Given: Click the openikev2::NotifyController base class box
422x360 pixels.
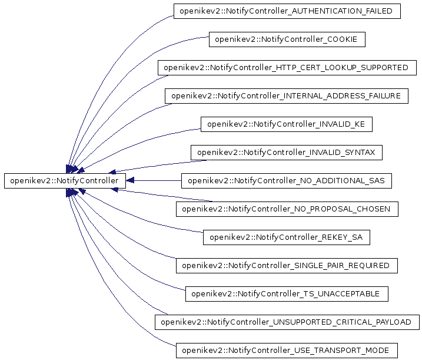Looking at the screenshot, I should (x=65, y=180).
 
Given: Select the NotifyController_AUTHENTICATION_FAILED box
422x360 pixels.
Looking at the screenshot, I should (x=287, y=11).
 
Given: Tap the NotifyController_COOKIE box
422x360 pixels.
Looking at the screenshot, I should (x=287, y=39).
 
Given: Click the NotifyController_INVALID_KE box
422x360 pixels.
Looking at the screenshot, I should (x=286, y=124).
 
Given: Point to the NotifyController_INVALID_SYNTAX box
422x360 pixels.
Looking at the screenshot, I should (x=287, y=153).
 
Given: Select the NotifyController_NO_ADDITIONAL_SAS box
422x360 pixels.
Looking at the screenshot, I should (x=287, y=181).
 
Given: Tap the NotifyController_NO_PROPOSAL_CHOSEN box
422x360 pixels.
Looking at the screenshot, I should (x=287, y=209).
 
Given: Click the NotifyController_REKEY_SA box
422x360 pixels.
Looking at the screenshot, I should (x=286, y=237).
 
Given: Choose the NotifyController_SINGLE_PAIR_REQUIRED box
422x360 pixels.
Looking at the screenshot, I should (x=287, y=266).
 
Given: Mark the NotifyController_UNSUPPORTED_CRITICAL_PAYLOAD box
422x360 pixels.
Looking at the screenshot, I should (x=287, y=322).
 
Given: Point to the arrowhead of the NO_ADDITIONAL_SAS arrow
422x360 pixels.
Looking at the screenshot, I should (x=131, y=180).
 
